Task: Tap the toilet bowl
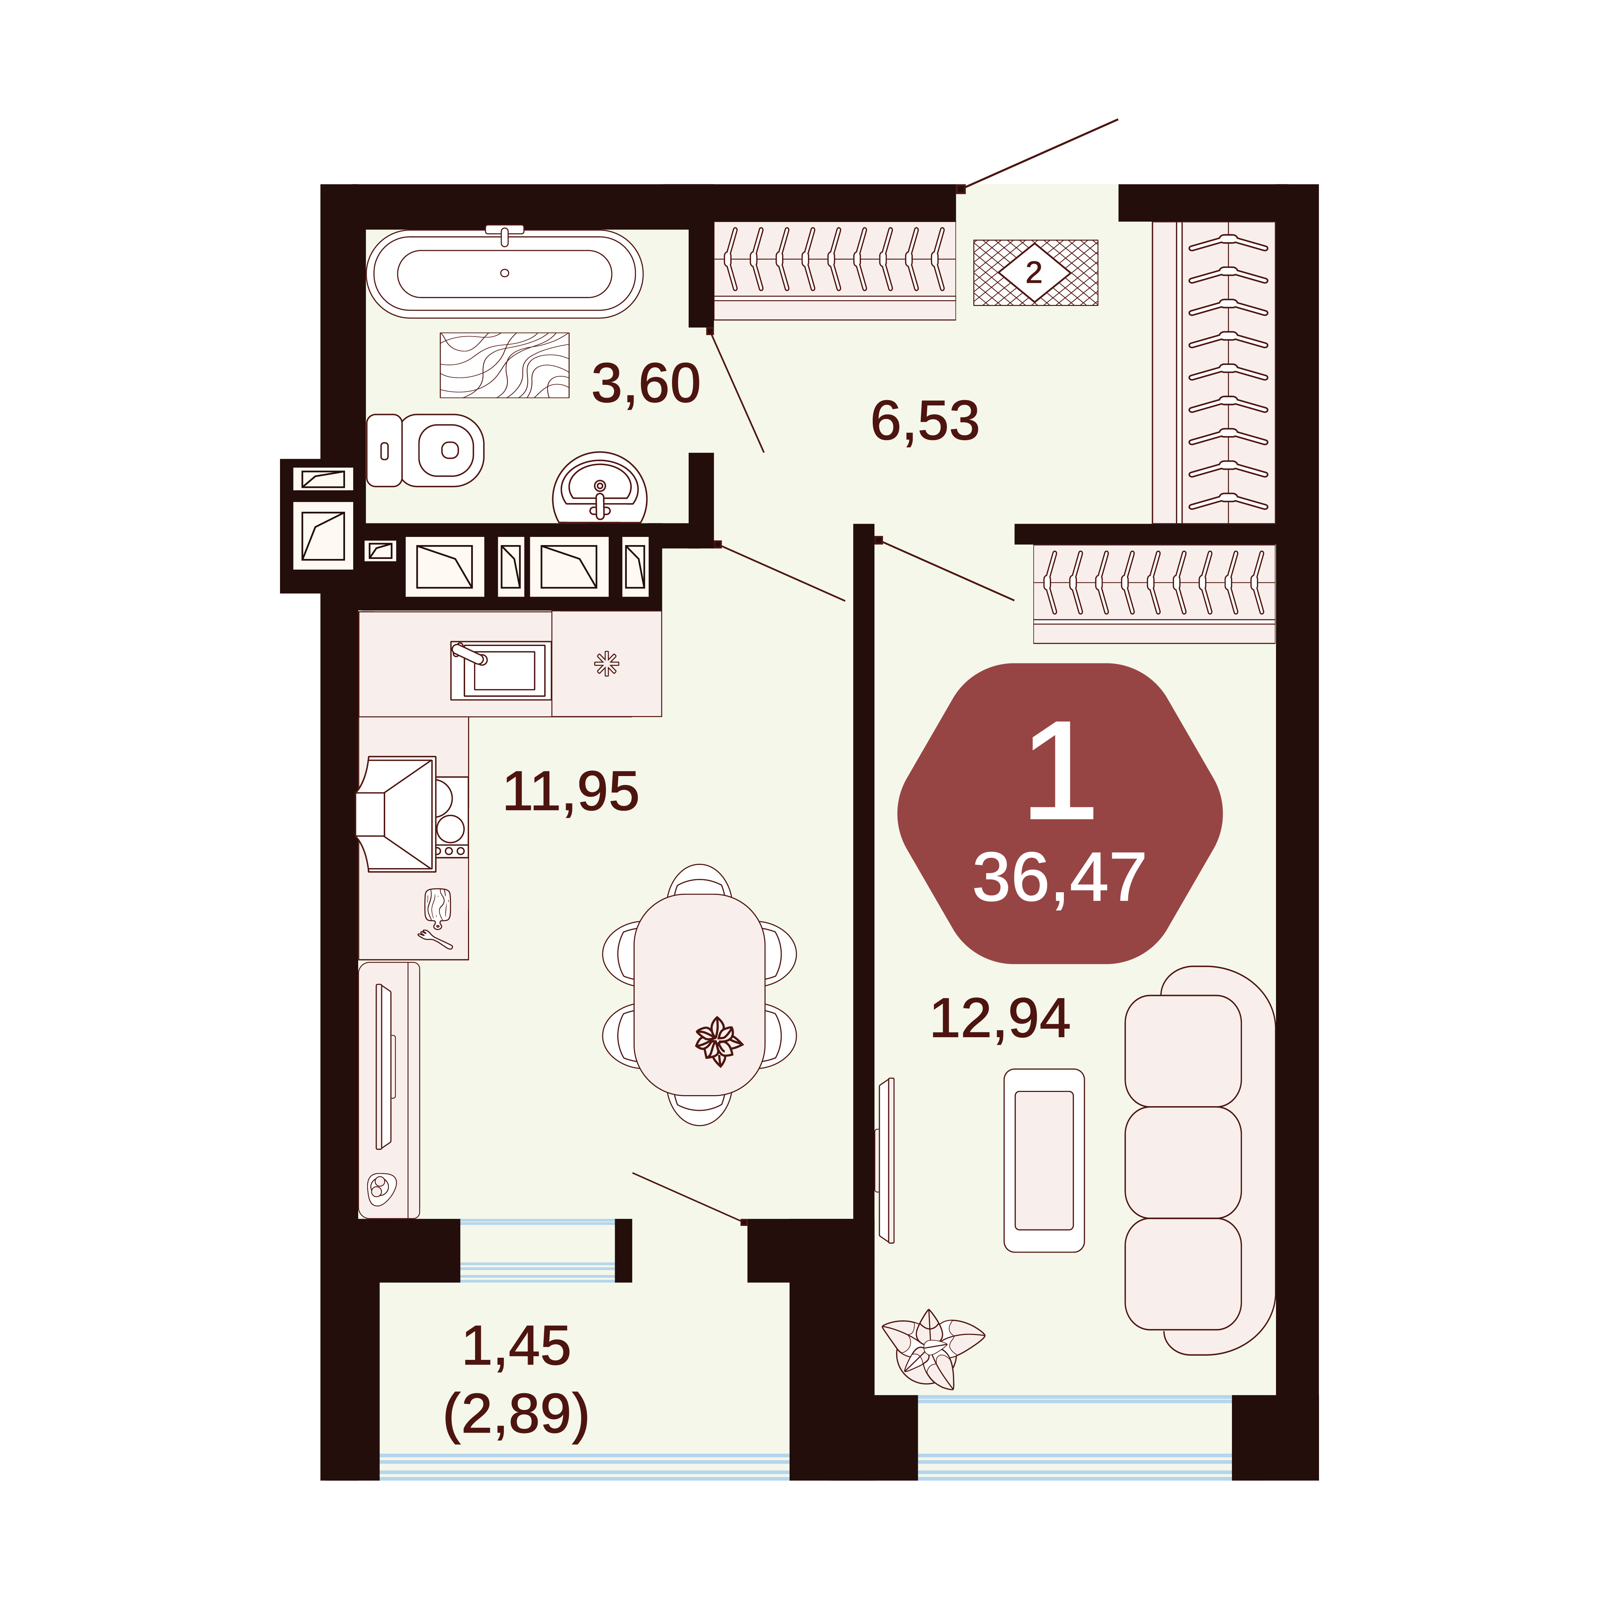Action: (x=425, y=450)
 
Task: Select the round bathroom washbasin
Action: (x=600, y=488)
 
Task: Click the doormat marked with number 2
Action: (x=1035, y=272)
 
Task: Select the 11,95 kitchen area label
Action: (x=571, y=791)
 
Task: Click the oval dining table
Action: (x=699, y=995)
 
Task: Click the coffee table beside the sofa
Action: (x=1044, y=1161)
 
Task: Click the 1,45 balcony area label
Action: (x=516, y=1346)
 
